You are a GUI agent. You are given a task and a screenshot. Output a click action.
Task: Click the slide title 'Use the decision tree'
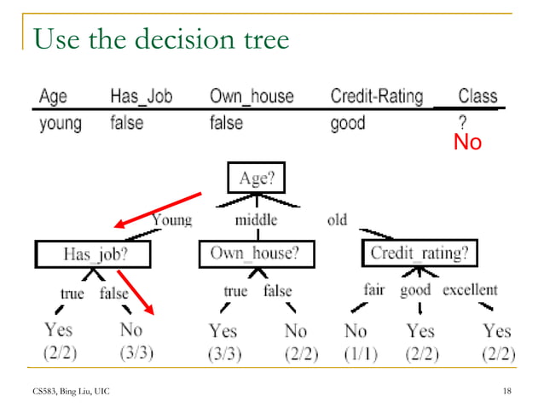tap(161, 38)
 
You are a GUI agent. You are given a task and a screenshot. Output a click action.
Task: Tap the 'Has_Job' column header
tap(142, 96)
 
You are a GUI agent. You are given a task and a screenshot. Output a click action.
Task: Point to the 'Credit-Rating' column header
tap(376, 96)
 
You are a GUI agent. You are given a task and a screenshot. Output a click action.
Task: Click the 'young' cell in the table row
tap(61, 123)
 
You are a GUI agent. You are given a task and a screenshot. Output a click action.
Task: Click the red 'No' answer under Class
tap(467, 143)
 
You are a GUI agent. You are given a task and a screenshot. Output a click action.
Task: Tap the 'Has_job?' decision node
tap(94, 254)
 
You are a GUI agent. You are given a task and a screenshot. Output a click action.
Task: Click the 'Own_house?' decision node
tap(256, 254)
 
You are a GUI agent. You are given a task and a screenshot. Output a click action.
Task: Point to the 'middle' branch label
tap(256, 220)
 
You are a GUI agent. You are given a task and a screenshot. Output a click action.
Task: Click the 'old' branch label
tap(337, 220)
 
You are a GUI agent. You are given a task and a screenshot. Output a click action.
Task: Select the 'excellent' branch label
tap(470, 290)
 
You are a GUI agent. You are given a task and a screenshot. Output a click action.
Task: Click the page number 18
tap(507, 390)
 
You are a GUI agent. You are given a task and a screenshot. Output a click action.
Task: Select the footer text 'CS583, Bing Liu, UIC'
tap(72, 390)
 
